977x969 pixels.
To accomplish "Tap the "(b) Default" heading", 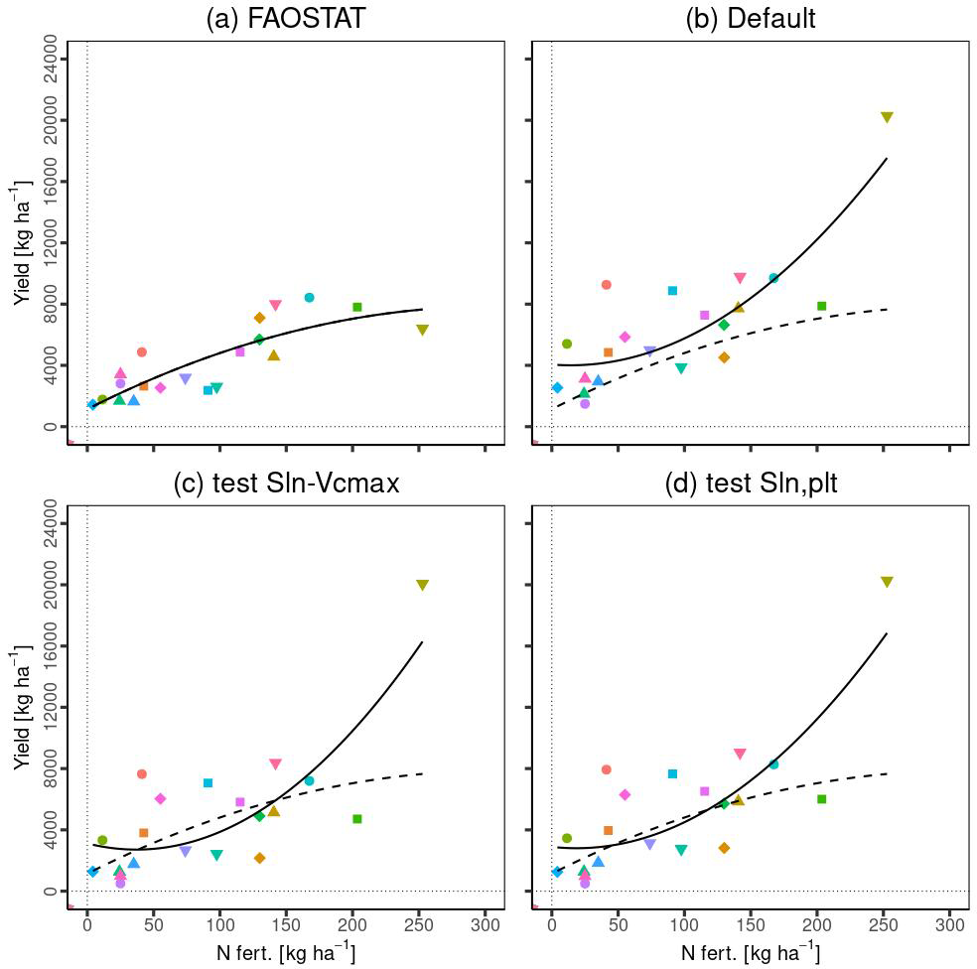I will [751, 19].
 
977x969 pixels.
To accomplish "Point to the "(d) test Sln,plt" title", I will [751, 484].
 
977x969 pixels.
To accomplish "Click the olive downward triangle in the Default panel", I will [887, 117].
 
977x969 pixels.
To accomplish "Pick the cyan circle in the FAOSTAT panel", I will [309, 298].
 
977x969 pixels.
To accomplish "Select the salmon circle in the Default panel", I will [606, 285].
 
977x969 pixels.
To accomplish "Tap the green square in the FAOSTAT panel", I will [357, 307].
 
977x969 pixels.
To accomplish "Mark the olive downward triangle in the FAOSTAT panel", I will [422, 330].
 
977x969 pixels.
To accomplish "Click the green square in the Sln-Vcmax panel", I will [357, 819].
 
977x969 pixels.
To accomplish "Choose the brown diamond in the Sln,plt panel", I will [724, 848].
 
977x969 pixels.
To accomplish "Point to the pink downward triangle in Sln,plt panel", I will [740, 755].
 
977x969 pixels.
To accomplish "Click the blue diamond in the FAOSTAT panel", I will [92, 405].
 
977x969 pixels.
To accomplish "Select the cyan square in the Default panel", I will [672, 291].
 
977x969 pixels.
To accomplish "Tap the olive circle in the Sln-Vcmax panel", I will [102, 840].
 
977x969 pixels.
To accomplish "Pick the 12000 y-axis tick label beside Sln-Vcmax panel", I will [51, 706].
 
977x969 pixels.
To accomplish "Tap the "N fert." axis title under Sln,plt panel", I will [751, 954].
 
